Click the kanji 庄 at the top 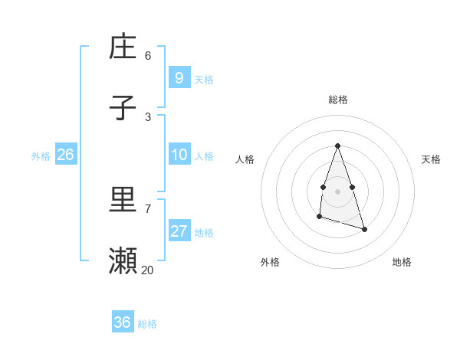123,47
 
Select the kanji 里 123,201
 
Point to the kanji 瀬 123,261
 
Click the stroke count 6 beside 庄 148,55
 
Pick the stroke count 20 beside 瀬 148,270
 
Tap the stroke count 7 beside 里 148,208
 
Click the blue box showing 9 179,77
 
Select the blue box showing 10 179,155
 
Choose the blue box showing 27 179,231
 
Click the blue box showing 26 65,155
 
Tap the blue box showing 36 122,322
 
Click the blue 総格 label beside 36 147,324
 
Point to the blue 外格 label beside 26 41,156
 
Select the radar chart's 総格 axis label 338,100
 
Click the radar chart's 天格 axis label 431,159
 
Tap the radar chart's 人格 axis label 245,159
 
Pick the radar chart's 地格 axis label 402,262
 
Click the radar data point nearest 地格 364,229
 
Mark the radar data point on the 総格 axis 338,146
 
